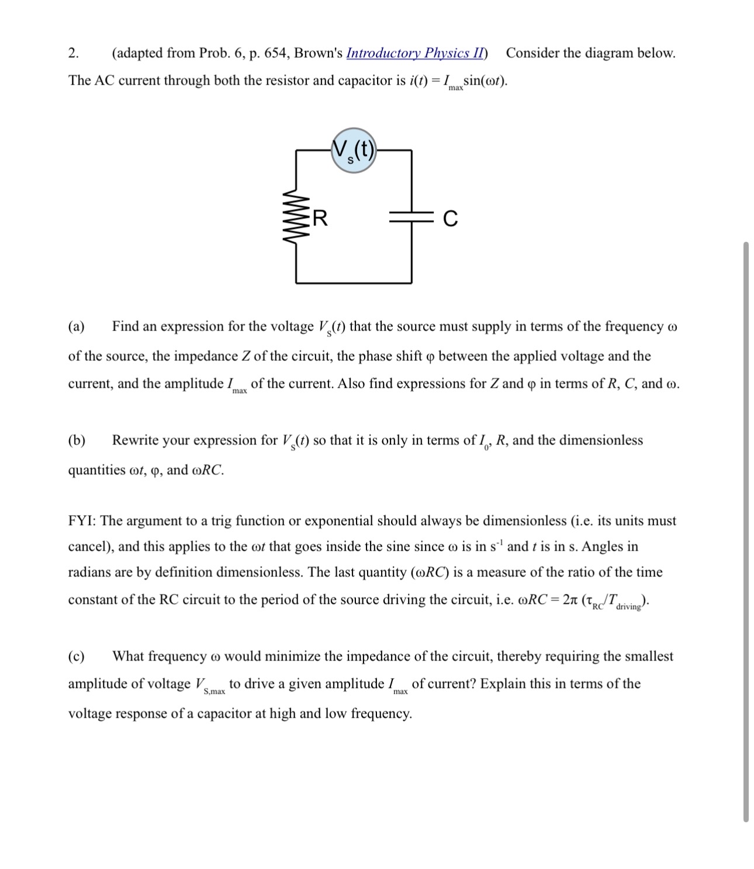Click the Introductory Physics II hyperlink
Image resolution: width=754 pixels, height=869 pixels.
(415, 53)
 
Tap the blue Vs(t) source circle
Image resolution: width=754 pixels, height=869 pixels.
(354, 151)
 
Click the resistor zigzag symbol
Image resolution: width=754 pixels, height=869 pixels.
(296, 217)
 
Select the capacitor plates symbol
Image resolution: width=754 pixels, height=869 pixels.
(411, 218)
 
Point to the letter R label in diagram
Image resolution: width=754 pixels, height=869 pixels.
(320, 218)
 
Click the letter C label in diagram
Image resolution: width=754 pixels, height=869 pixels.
(450, 218)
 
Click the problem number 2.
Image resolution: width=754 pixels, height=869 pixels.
(72, 53)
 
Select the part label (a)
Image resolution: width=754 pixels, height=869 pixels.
(77, 326)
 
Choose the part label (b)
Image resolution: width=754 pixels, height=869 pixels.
(77, 440)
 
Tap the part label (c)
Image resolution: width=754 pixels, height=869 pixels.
(77, 656)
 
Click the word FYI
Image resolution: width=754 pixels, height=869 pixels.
(82, 521)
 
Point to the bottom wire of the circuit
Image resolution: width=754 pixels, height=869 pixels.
(354, 283)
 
